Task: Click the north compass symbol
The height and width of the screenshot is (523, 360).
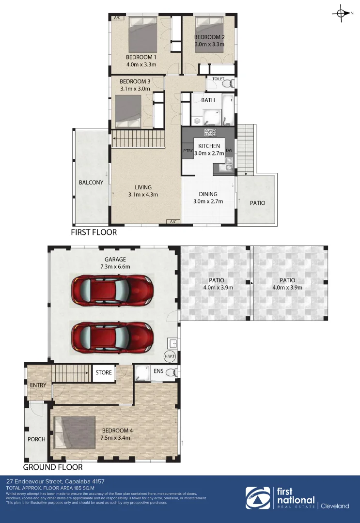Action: point(341,14)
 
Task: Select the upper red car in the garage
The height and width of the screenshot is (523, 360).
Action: point(112,290)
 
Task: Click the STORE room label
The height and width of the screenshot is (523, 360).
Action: point(103,373)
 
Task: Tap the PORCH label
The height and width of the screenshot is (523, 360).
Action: point(36,439)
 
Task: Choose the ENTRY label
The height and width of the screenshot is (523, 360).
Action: point(38,385)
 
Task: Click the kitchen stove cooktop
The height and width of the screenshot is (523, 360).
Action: point(210,132)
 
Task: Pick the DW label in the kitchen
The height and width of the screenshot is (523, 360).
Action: point(229,151)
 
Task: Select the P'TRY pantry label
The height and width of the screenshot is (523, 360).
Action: point(188,151)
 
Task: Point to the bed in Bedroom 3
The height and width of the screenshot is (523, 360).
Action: point(128,110)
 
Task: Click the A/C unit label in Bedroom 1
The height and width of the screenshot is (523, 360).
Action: point(117,18)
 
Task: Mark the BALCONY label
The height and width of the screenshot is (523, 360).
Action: point(91,183)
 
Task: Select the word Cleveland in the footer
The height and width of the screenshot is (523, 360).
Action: point(334,506)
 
